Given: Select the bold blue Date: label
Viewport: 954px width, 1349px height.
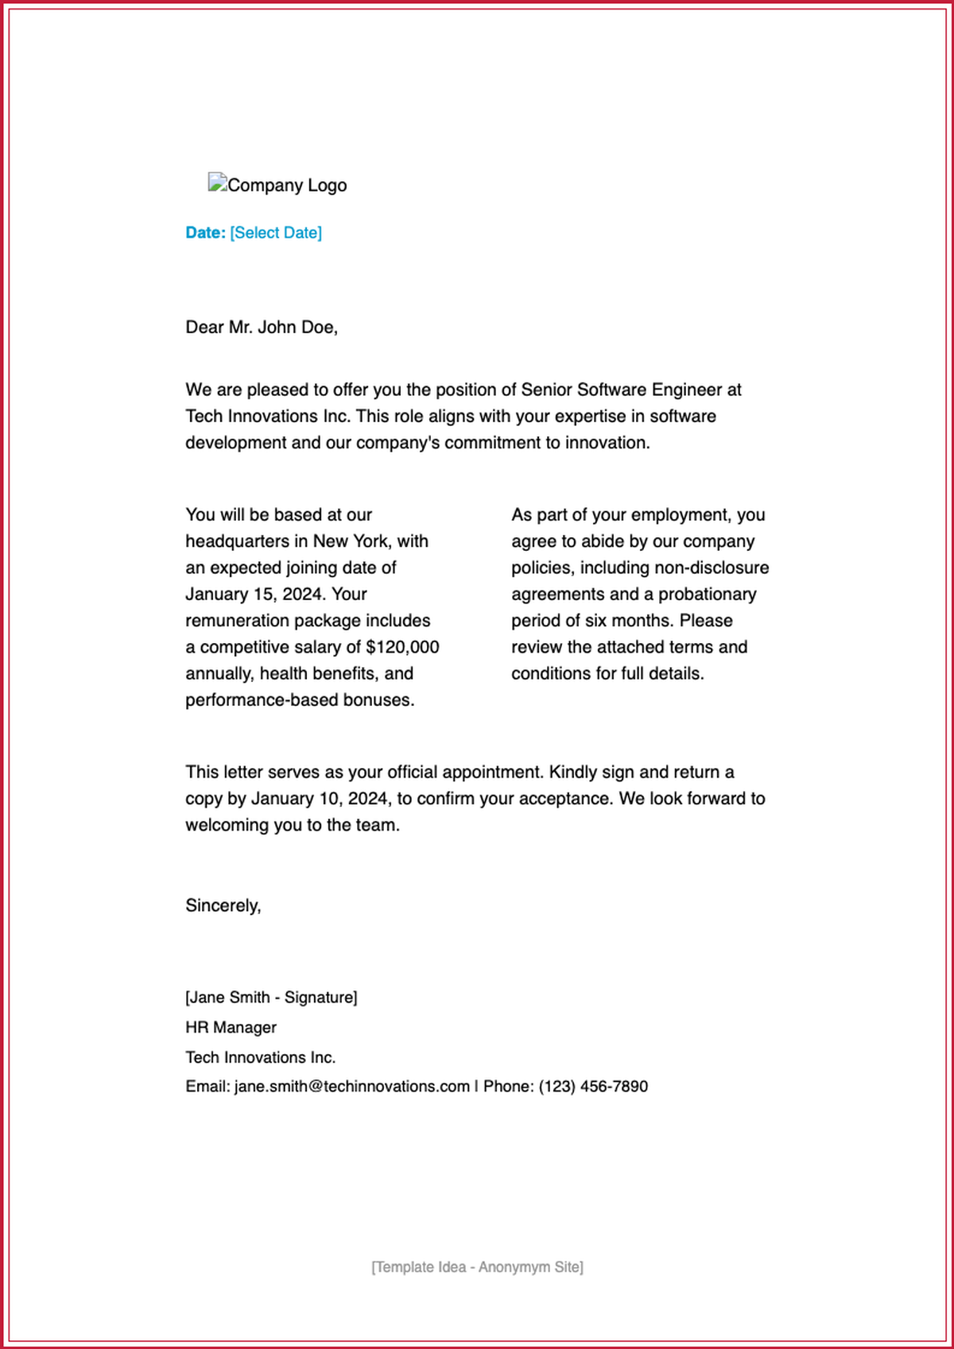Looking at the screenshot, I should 205,233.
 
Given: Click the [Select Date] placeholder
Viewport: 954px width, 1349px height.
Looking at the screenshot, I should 276,233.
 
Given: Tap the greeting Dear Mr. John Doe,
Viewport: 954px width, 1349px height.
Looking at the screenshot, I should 262,328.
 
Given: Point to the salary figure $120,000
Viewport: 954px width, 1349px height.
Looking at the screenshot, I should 402,647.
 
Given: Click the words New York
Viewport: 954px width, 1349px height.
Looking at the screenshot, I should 351,541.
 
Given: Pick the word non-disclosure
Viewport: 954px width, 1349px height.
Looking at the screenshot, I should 712,568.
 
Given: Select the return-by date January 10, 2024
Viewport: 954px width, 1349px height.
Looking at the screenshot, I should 320,799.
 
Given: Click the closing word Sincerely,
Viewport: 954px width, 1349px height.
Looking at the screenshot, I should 223,905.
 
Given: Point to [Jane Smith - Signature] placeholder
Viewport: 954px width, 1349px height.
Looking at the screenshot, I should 271,998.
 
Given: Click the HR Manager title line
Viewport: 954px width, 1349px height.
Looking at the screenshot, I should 231,1028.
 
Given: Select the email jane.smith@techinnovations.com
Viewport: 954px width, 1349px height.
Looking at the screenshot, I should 351,1087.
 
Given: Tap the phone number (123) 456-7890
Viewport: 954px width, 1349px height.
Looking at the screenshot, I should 593,1087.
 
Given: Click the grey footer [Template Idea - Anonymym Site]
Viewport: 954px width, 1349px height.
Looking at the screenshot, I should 477,1267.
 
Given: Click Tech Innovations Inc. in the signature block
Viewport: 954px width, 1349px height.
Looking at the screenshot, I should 260,1057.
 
